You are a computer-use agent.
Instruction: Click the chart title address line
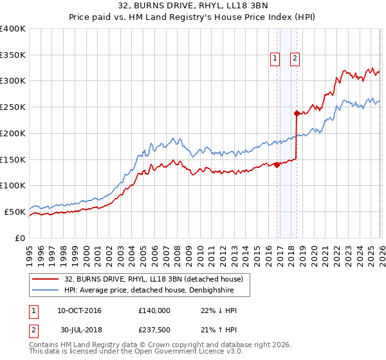[192, 6]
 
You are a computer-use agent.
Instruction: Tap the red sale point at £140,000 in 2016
[277, 165]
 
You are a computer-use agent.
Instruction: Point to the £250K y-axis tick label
[13, 107]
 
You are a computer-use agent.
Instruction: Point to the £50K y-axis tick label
[15, 212]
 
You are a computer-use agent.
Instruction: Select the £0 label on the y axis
[20, 238]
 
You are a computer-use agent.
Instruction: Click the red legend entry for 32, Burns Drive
[153, 279]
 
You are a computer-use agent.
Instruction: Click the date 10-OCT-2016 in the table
[79, 310]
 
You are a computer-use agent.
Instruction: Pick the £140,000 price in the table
[154, 310]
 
